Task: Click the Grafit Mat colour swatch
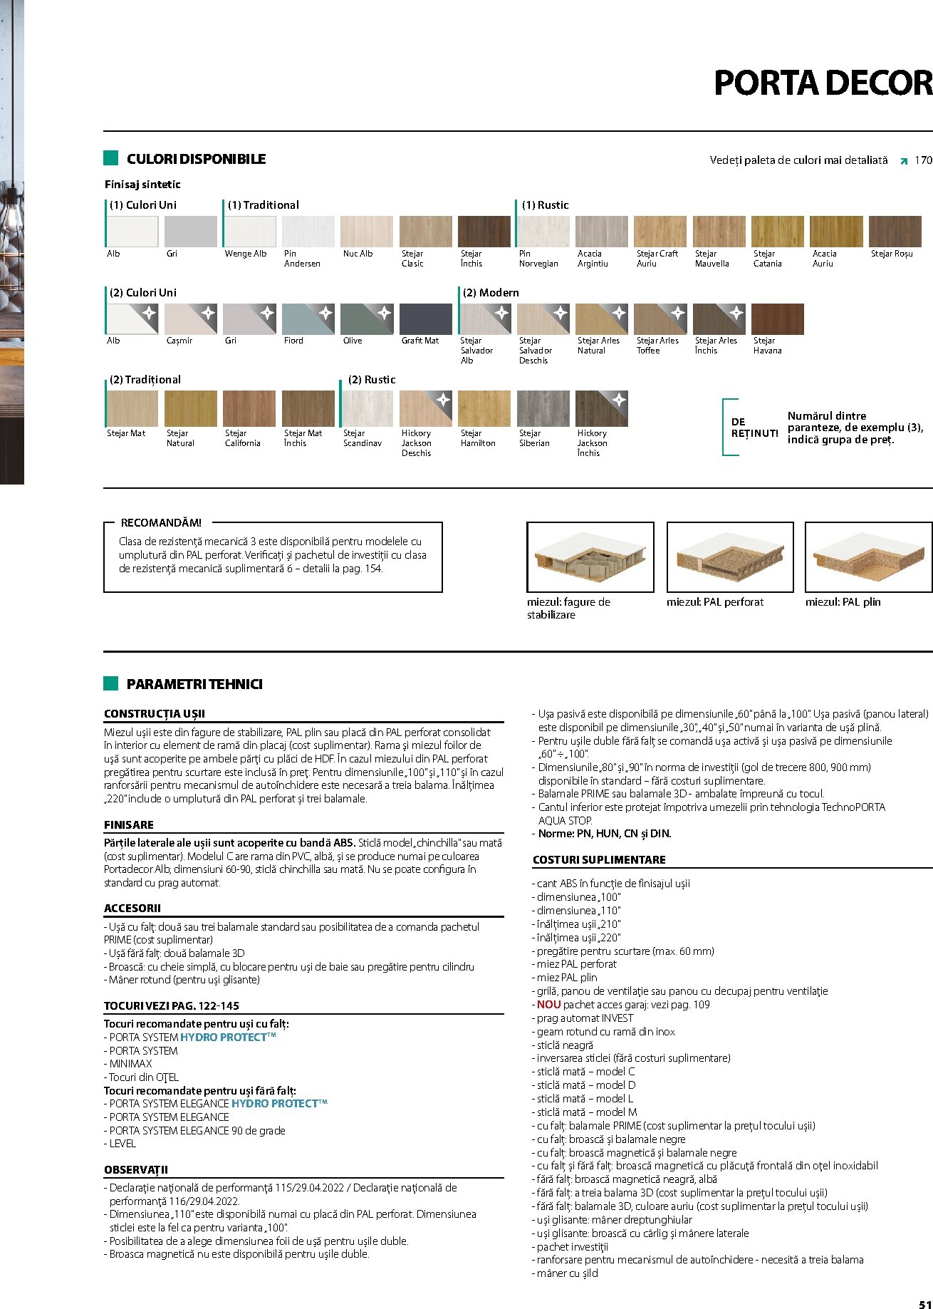click(425, 319)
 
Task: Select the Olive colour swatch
click(367, 319)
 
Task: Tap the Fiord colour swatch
click(308, 319)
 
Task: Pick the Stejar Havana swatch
click(777, 319)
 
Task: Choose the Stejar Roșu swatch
click(895, 232)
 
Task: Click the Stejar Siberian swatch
click(543, 408)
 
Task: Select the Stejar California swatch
click(249, 408)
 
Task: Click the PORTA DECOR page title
click(823, 83)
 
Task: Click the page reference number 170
click(923, 160)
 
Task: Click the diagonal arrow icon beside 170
click(904, 161)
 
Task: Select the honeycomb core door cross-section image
click(590, 557)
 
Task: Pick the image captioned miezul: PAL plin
click(868, 557)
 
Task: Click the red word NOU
click(548, 1005)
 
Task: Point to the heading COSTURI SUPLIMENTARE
click(599, 860)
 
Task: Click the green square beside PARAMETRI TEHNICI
click(110, 684)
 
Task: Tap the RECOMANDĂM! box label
click(161, 523)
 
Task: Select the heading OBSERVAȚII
click(136, 1170)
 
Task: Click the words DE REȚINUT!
click(754, 428)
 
